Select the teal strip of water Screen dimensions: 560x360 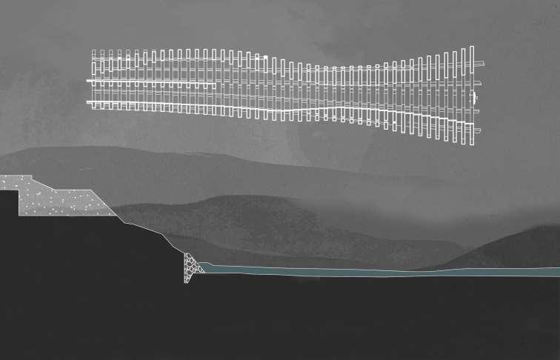(x=370, y=271)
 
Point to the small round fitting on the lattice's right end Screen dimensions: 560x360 (x=475, y=97)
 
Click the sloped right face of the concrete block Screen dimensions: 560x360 (x=104, y=203)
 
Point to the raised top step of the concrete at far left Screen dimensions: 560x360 (x=15, y=179)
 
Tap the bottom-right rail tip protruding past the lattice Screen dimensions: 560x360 (x=477, y=131)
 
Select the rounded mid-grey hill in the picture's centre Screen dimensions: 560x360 (x=244, y=215)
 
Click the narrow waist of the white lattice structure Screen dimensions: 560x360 (x=333, y=93)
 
